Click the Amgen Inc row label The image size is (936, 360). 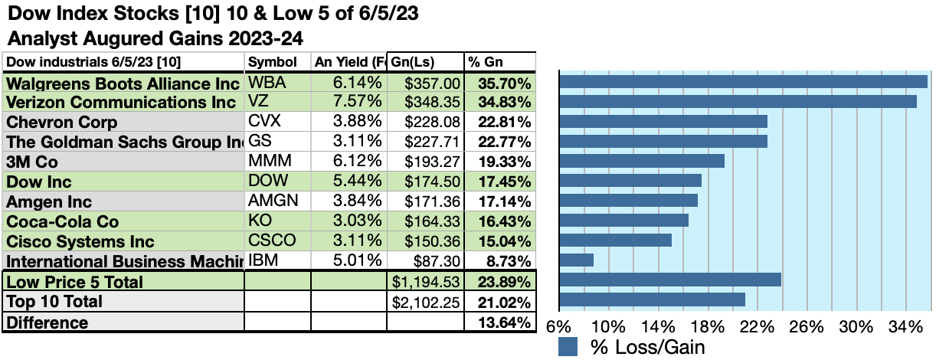49,201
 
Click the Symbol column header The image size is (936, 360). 267,62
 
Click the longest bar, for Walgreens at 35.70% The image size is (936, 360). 744,82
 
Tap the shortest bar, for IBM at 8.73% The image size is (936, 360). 577,260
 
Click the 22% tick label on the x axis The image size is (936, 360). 757,326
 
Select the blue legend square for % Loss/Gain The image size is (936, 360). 568,347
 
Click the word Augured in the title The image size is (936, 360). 107,37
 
